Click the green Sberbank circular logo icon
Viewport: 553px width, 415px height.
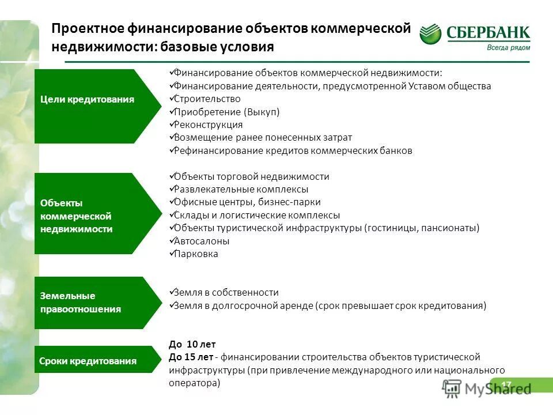(431, 34)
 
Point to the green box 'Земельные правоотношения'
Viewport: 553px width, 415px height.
(86, 303)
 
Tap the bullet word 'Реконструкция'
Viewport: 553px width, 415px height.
(208, 124)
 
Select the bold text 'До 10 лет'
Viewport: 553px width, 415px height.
(192, 345)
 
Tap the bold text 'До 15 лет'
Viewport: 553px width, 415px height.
(192, 357)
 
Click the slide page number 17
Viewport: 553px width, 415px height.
(506, 384)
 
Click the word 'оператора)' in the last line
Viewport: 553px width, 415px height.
(195, 383)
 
